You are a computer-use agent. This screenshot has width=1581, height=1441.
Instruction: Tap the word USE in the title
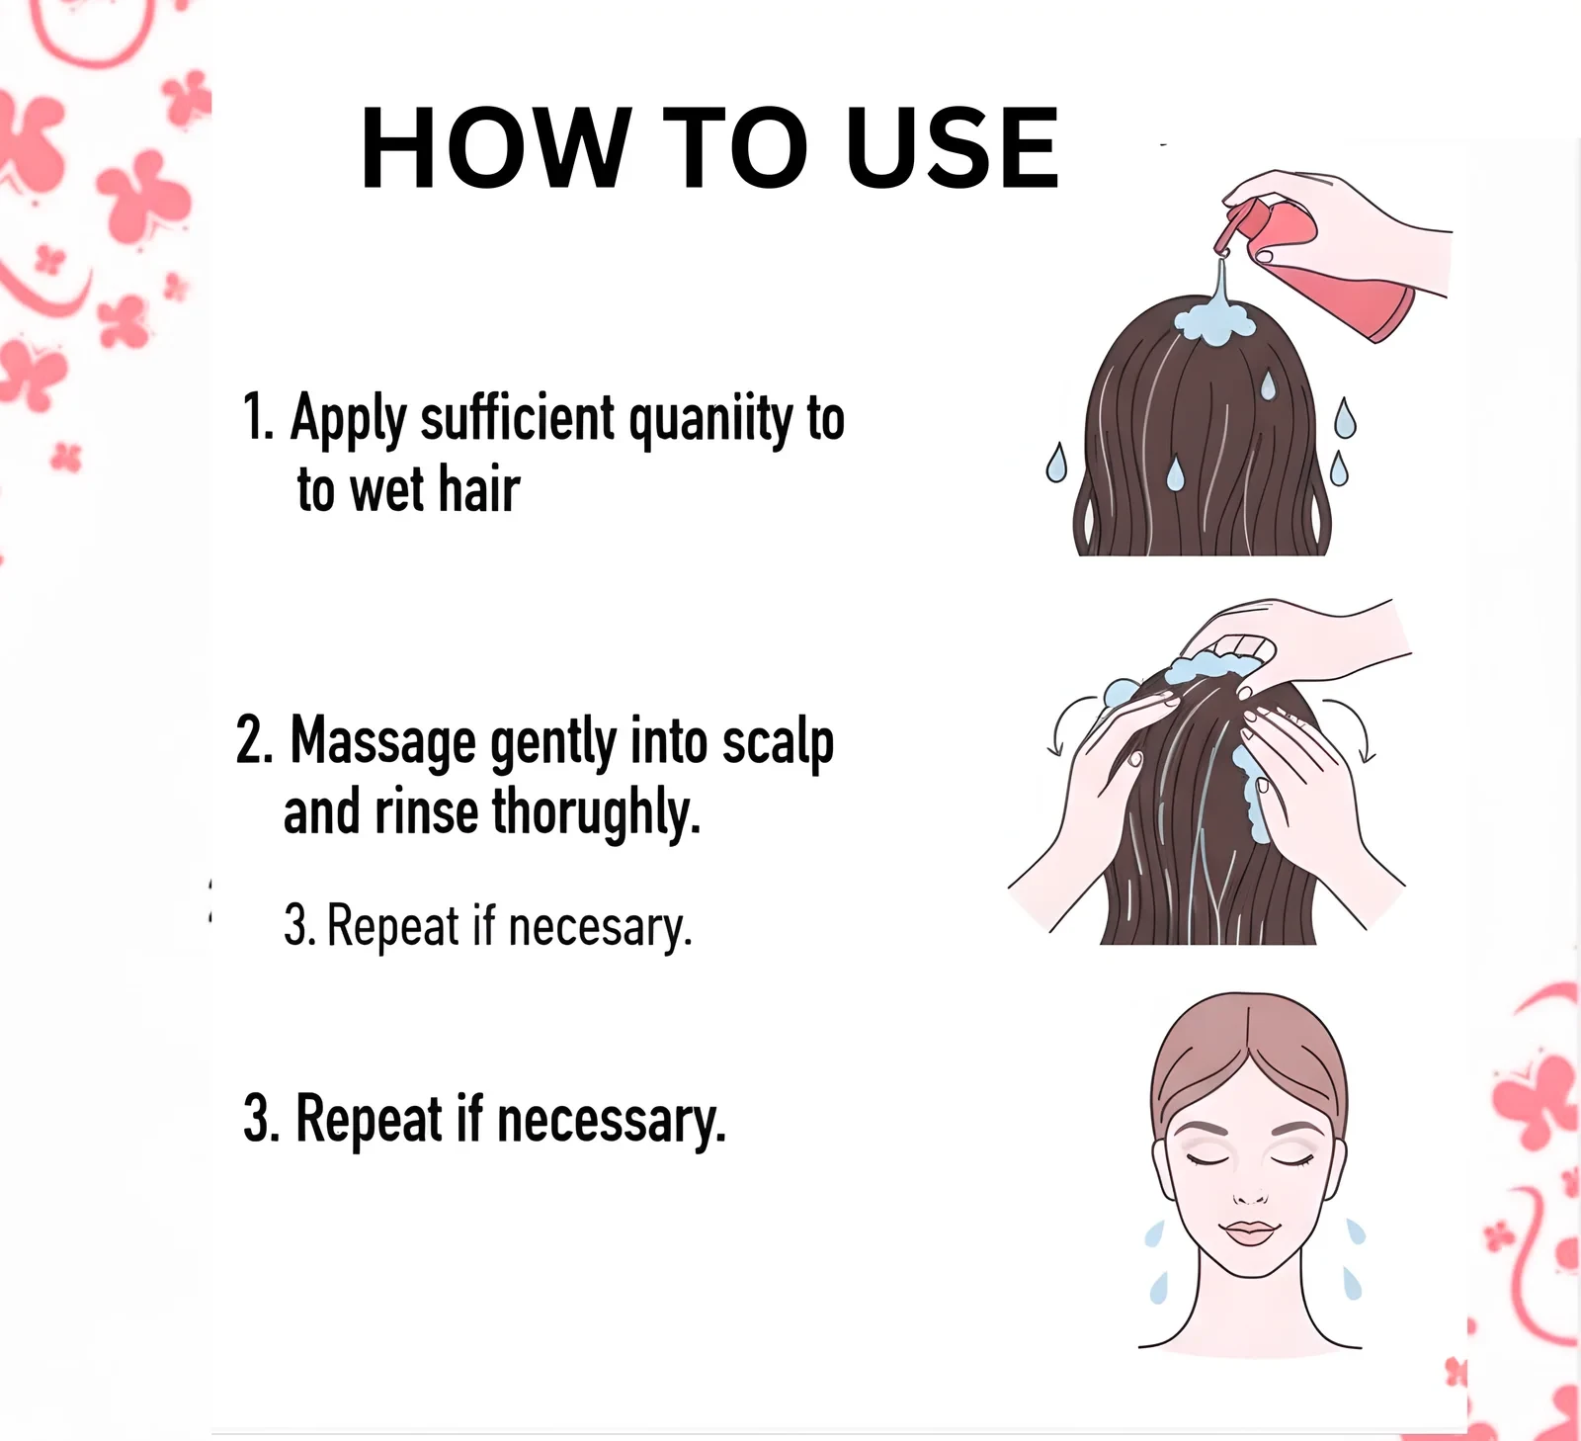pyautogui.click(x=954, y=147)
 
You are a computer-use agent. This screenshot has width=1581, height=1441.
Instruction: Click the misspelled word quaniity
pyautogui.click(x=710, y=419)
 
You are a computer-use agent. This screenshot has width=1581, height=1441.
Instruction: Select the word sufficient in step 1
pyautogui.click(x=518, y=417)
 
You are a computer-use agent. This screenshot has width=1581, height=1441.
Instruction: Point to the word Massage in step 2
pyautogui.click(x=383, y=742)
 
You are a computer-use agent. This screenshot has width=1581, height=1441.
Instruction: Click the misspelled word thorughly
pyautogui.click(x=597, y=813)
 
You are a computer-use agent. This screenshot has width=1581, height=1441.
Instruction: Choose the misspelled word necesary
pyautogui.click(x=600, y=928)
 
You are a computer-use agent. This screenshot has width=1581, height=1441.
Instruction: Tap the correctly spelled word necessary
pyautogui.click(x=612, y=1122)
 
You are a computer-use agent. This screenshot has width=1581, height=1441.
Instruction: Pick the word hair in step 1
pyautogui.click(x=479, y=489)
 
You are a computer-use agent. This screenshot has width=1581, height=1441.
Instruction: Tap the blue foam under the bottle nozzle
pyautogui.click(x=1214, y=321)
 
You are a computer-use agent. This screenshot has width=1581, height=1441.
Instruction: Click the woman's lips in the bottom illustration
pyautogui.click(x=1250, y=1232)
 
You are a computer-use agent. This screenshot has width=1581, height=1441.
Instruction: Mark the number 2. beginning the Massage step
pyautogui.click(x=254, y=740)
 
